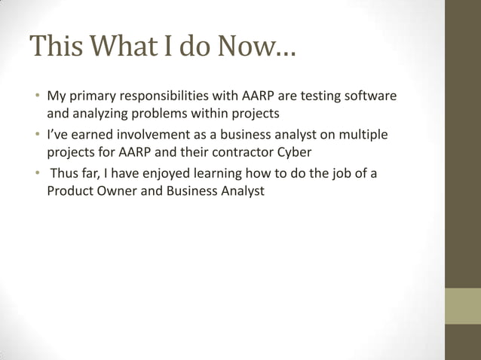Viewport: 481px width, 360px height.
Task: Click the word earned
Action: [84, 135]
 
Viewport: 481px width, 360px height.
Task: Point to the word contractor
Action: [241, 152]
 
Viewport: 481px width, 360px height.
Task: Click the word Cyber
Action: [295, 152]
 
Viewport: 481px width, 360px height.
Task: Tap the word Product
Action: [69, 191]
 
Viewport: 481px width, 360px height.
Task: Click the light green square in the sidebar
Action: [462, 306]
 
